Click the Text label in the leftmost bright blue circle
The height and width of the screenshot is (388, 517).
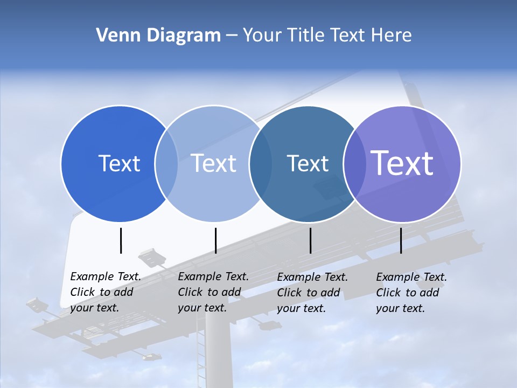119,163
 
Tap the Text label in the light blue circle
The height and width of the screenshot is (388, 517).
214,163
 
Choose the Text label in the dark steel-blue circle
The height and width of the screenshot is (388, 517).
308,163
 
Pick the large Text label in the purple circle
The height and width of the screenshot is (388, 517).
402,163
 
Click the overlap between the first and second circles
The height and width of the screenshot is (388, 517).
166,164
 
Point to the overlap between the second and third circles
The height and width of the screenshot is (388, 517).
260,164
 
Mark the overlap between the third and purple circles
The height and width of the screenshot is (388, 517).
353,164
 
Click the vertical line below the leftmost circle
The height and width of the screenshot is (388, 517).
121,240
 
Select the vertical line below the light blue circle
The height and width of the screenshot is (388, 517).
215,240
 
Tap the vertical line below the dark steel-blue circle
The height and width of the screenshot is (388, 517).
310,240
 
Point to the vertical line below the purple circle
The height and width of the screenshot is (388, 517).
401,240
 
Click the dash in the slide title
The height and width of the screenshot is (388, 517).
232,36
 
